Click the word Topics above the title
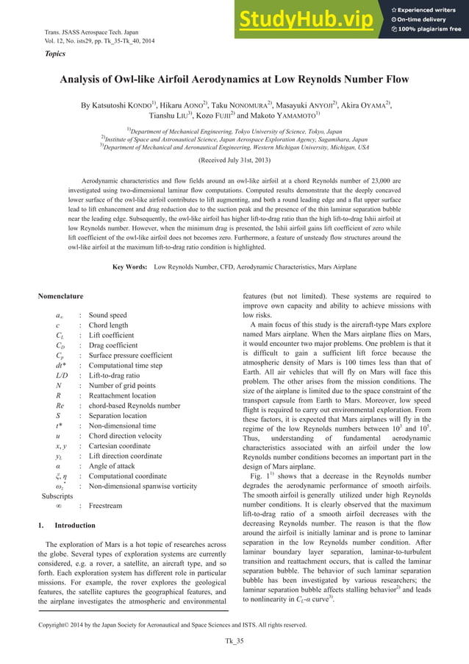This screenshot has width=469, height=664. (x=55, y=54)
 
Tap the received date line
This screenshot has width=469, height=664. (x=234, y=158)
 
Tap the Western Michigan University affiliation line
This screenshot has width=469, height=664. (x=234, y=146)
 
